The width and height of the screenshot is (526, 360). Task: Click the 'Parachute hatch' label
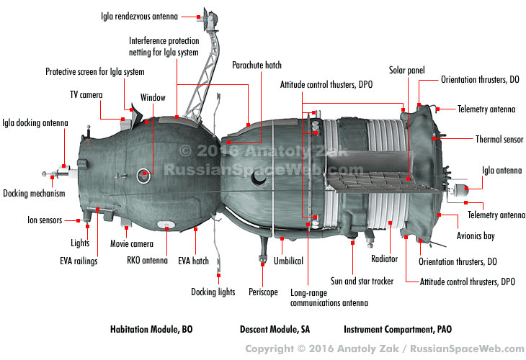(x=257, y=65)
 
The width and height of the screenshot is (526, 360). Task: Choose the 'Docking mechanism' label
(x=34, y=193)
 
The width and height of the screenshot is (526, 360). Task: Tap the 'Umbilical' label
(x=288, y=261)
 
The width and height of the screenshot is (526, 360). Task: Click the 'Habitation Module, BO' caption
(x=151, y=330)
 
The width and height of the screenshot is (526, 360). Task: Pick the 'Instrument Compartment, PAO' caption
(x=398, y=330)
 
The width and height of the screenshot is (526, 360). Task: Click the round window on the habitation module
(x=144, y=174)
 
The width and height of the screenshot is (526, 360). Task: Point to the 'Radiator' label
(x=384, y=259)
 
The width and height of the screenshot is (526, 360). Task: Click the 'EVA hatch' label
(x=193, y=261)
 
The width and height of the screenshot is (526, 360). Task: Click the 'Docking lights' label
(x=213, y=292)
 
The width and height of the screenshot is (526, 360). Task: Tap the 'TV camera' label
(x=86, y=94)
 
